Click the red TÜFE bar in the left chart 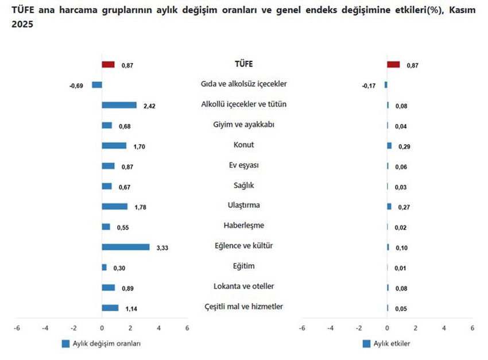(108, 65)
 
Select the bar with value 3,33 (126, 247)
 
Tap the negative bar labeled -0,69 (97, 85)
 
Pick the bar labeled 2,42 (119, 105)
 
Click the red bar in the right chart (393, 65)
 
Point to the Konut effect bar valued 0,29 (389, 146)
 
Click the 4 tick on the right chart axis (444, 328)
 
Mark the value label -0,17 (369, 86)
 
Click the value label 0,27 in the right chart (404, 207)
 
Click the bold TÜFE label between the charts (244, 64)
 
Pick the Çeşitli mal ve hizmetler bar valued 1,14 (110, 308)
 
